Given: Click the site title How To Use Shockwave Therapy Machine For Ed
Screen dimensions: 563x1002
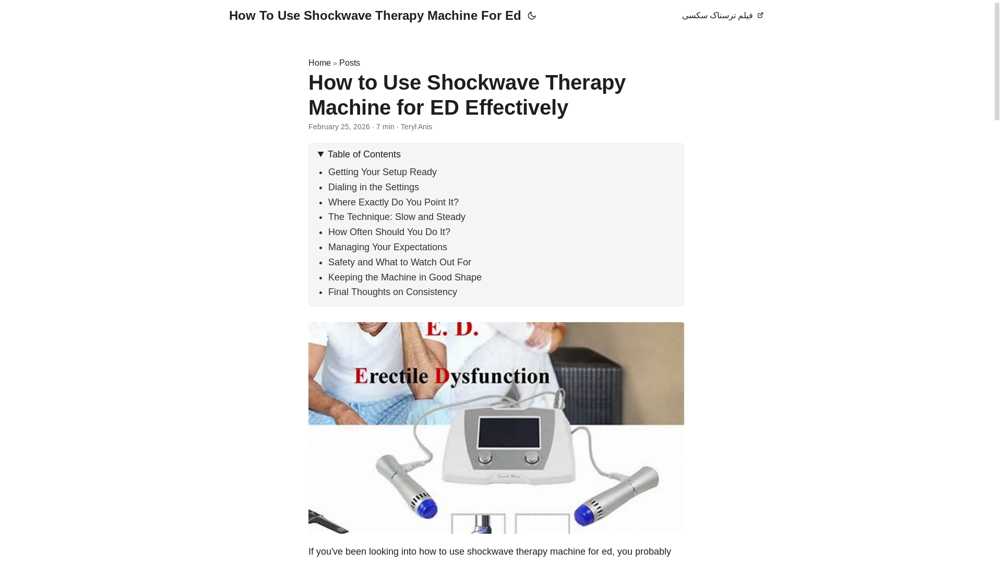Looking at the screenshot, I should (x=374, y=16).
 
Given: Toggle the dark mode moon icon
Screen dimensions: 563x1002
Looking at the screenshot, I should (x=531, y=16).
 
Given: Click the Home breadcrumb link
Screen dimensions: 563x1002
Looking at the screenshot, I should (x=319, y=63).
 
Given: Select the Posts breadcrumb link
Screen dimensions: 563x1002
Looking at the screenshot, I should (x=349, y=63).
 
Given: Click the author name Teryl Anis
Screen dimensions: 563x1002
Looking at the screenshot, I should (x=416, y=127).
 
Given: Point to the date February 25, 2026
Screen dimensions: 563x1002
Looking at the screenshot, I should (x=339, y=127).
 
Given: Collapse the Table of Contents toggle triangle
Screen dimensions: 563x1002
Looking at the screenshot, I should (x=320, y=154).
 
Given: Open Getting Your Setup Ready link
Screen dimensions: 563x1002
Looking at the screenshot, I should (x=382, y=172).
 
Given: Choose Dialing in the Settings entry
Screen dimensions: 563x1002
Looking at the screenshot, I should (x=373, y=187).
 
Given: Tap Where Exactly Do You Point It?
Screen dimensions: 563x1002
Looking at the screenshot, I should (x=393, y=202).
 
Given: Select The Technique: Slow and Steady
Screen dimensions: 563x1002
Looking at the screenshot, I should (x=396, y=217).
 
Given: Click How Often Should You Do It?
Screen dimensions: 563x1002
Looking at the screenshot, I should (x=389, y=232).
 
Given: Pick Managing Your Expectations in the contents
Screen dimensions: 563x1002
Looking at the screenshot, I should (x=387, y=247).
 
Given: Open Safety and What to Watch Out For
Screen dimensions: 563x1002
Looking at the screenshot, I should (x=399, y=262).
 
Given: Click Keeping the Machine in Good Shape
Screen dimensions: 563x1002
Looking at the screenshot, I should (x=404, y=277).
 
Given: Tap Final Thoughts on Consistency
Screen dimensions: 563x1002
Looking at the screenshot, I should (x=392, y=292).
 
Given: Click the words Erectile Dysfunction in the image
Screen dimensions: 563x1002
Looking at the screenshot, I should (x=452, y=375).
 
